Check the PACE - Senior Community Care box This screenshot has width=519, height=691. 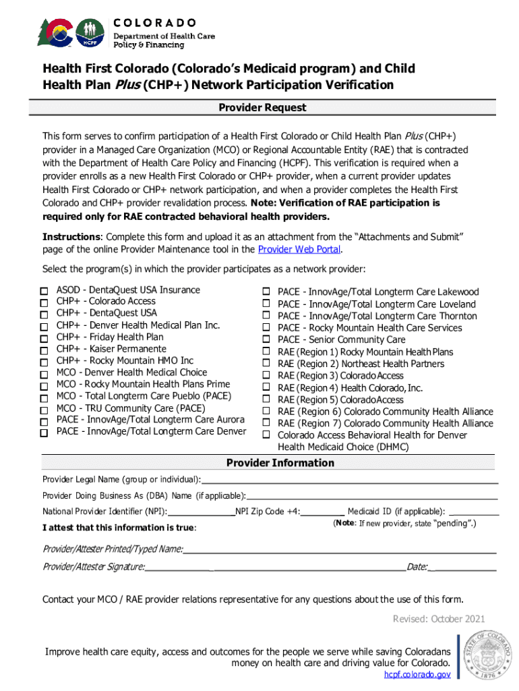(266, 339)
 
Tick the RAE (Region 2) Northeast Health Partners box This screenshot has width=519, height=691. (266, 364)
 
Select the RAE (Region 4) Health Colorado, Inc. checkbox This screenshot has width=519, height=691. (266, 388)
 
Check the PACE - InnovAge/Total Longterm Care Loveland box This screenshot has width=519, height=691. (266, 304)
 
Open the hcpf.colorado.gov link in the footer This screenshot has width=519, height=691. (417, 675)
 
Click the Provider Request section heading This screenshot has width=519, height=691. (262, 108)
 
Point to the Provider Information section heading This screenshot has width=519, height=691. (280, 463)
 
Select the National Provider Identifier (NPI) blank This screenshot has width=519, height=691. (201, 512)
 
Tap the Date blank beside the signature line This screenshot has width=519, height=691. (462, 568)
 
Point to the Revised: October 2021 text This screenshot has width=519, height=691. (438, 619)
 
